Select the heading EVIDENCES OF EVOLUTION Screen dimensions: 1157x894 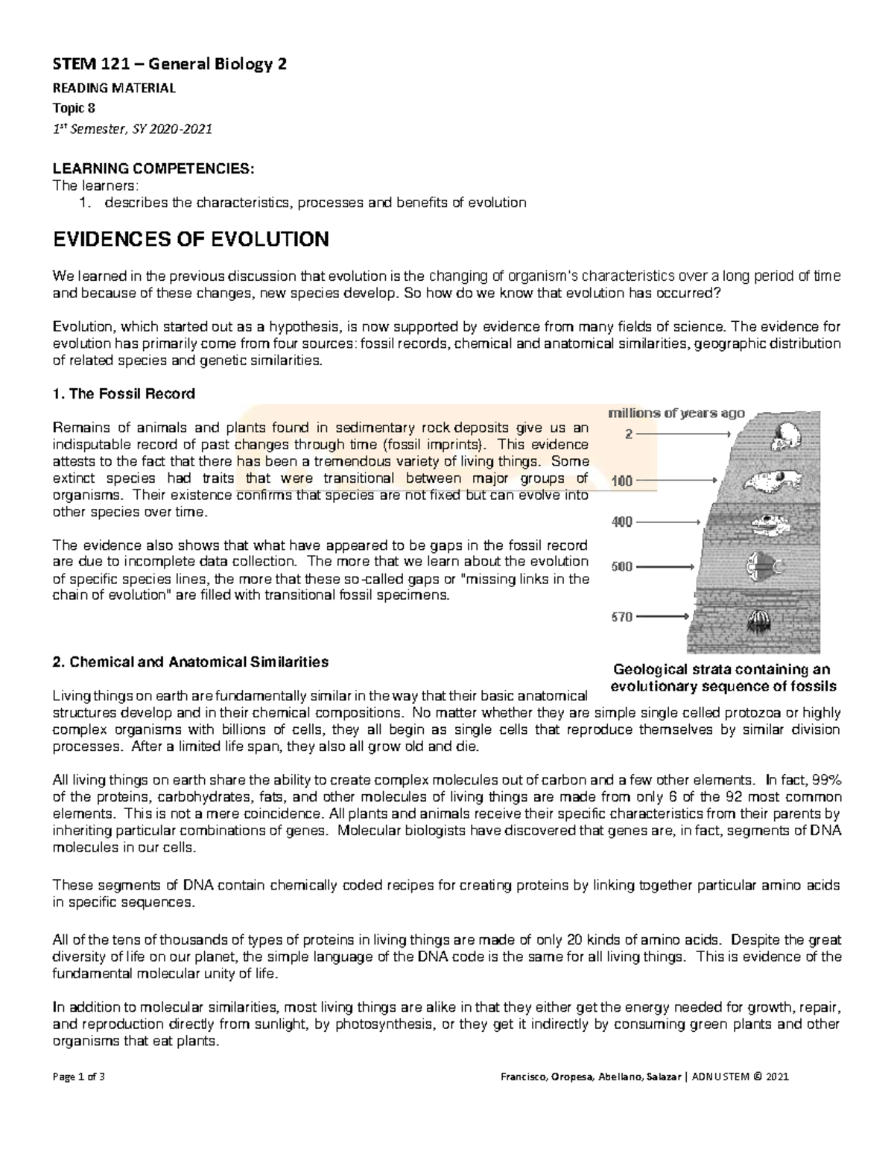(x=190, y=240)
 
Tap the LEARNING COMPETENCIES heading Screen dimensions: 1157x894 (x=153, y=169)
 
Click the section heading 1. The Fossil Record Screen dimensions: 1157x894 (x=123, y=393)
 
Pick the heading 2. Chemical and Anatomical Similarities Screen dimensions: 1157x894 (x=190, y=662)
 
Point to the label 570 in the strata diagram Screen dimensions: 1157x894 (x=622, y=617)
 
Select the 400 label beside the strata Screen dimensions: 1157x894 (x=622, y=522)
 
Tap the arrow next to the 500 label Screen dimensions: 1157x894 (x=666, y=567)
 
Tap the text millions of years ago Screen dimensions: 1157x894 (x=677, y=413)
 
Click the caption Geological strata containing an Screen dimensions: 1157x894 (x=720, y=669)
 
